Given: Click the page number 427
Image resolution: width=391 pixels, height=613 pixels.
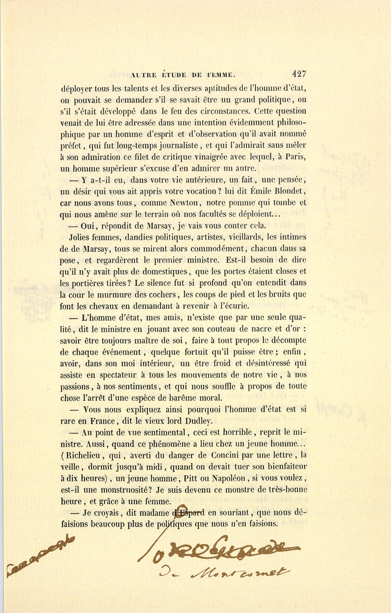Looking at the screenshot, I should (x=299, y=74).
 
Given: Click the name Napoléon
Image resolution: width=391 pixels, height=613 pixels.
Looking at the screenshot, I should (x=232, y=479).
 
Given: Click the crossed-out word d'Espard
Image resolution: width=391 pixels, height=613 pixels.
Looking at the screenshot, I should (x=189, y=512).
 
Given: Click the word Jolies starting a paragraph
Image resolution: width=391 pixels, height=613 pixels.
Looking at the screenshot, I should (x=81, y=237).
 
